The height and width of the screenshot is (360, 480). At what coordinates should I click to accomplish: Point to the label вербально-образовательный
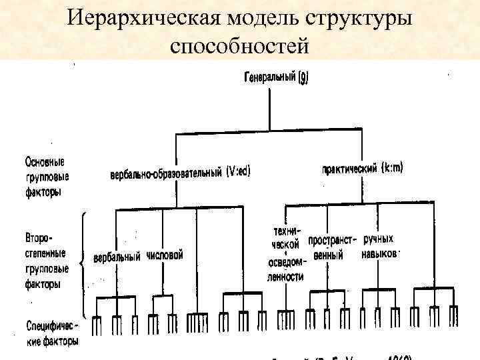(x=167, y=173)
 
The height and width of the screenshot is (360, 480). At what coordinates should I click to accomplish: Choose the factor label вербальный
(x=117, y=257)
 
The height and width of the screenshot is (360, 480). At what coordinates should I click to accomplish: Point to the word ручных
(x=378, y=239)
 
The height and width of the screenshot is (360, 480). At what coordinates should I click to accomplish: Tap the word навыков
(x=380, y=254)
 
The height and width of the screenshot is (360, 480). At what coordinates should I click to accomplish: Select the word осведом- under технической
(x=285, y=262)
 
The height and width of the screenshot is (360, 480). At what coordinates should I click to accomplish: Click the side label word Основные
(x=45, y=162)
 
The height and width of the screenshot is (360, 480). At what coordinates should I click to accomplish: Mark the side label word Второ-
(x=40, y=238)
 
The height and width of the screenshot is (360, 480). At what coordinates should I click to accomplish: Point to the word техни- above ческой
(x=285, y=231)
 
